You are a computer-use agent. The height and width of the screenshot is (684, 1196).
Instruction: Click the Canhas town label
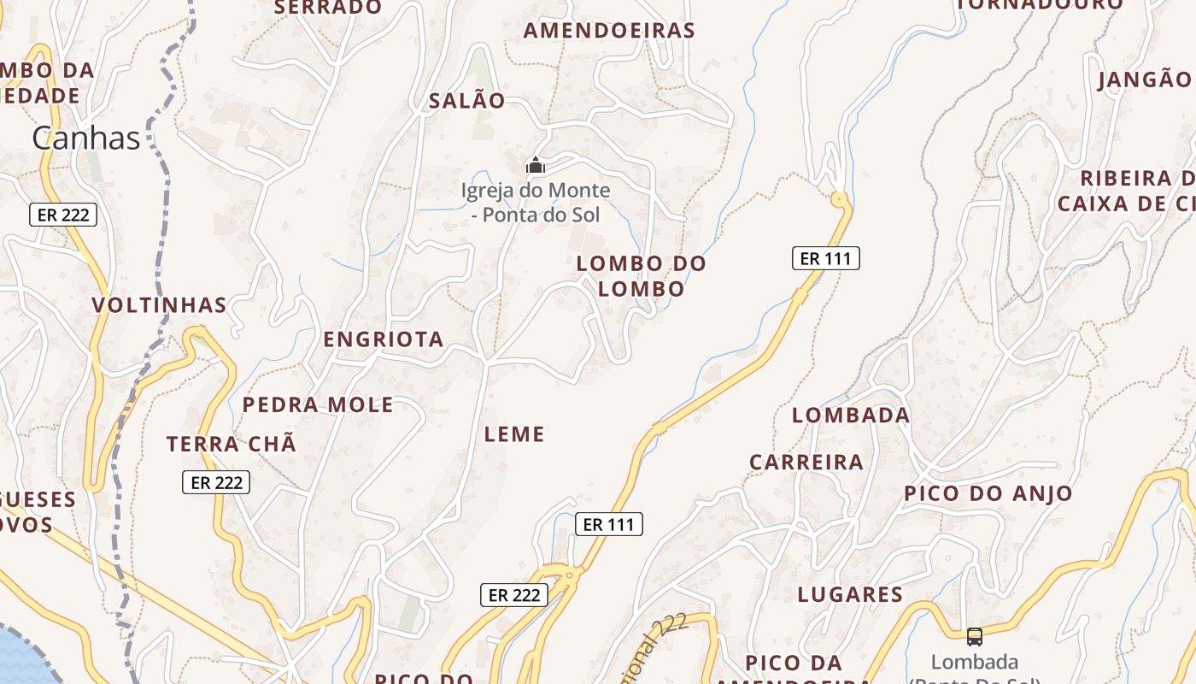(x=86, y=138)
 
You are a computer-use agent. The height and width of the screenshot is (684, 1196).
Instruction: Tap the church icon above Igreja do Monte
(x=536, y=165)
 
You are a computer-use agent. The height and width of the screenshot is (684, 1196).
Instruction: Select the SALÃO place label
(x=467, y=101)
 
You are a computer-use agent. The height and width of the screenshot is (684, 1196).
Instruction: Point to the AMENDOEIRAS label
(x=609, y=31)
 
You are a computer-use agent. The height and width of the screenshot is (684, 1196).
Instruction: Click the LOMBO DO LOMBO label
(x=642, y=276)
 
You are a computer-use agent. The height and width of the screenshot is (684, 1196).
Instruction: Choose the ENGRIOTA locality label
(x=384, y=339)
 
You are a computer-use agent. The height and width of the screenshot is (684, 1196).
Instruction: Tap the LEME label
(x=514, y=434)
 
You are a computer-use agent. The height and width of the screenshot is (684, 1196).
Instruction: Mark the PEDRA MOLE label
(x=318, y=405)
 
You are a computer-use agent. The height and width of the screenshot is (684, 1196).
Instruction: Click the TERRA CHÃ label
(x=232, y=445)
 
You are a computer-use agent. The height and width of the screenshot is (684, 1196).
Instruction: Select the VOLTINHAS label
(x=160, y=305)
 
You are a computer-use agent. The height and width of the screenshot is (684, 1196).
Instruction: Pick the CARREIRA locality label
(x=806, y=463)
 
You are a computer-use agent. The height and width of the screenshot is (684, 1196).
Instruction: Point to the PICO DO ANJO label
(x=988, y=493)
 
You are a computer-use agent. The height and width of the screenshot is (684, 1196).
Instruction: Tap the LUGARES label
(x=850, y=595)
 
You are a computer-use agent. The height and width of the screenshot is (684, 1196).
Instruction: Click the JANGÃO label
(x=1144, y=80)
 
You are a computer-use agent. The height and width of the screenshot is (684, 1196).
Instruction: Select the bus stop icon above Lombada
(x=975, y=636)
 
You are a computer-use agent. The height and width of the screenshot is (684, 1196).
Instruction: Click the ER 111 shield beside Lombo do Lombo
(x=825, y=258)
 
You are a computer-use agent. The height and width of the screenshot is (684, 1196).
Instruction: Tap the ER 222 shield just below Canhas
(x=63, y=215)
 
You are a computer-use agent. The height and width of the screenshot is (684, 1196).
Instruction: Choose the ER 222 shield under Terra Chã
(x=217, y=482)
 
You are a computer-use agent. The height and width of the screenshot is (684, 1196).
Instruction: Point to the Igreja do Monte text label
(x=536, y=202)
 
